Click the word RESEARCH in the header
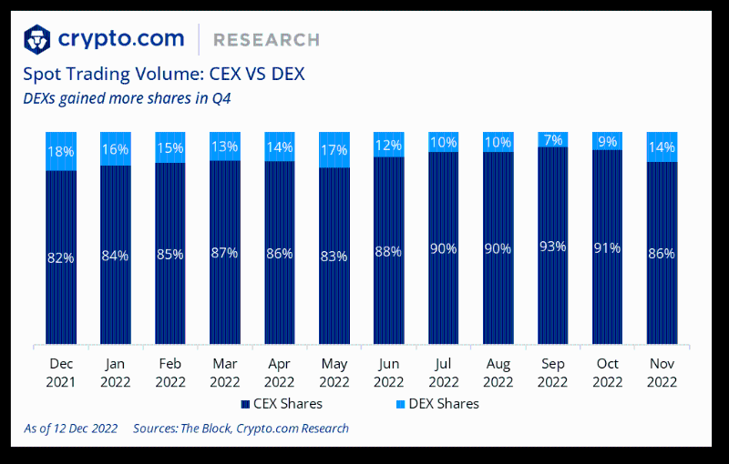pyautogui.click(x=266, y=40)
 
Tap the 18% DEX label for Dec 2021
pyautogui.click(x=61, y=151)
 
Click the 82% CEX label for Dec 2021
pyautogui.click(x=61, y=257)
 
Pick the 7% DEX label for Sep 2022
pyautogui.click(x=553, y=139)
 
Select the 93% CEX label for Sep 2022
pyautogui.click(x=553, y=246)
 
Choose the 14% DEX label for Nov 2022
pyautogui.click(x=662, y=146)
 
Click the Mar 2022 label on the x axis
pyautogui.click(x=225, y=373)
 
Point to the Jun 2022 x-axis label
pyautogui.click(x=389, y=373)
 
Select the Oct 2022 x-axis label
pyautogui.click(x=608, y=373)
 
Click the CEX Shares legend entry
pyautogui.click(x=282, y=403)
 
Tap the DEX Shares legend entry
pyautogui.click(x=438, y=403)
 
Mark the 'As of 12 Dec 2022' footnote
pyautogui.click(x=70, y=428)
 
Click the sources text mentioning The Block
pyautogui.click(x=241, y=428)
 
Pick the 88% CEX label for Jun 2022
pyautogui.click(x=389, y=252)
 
